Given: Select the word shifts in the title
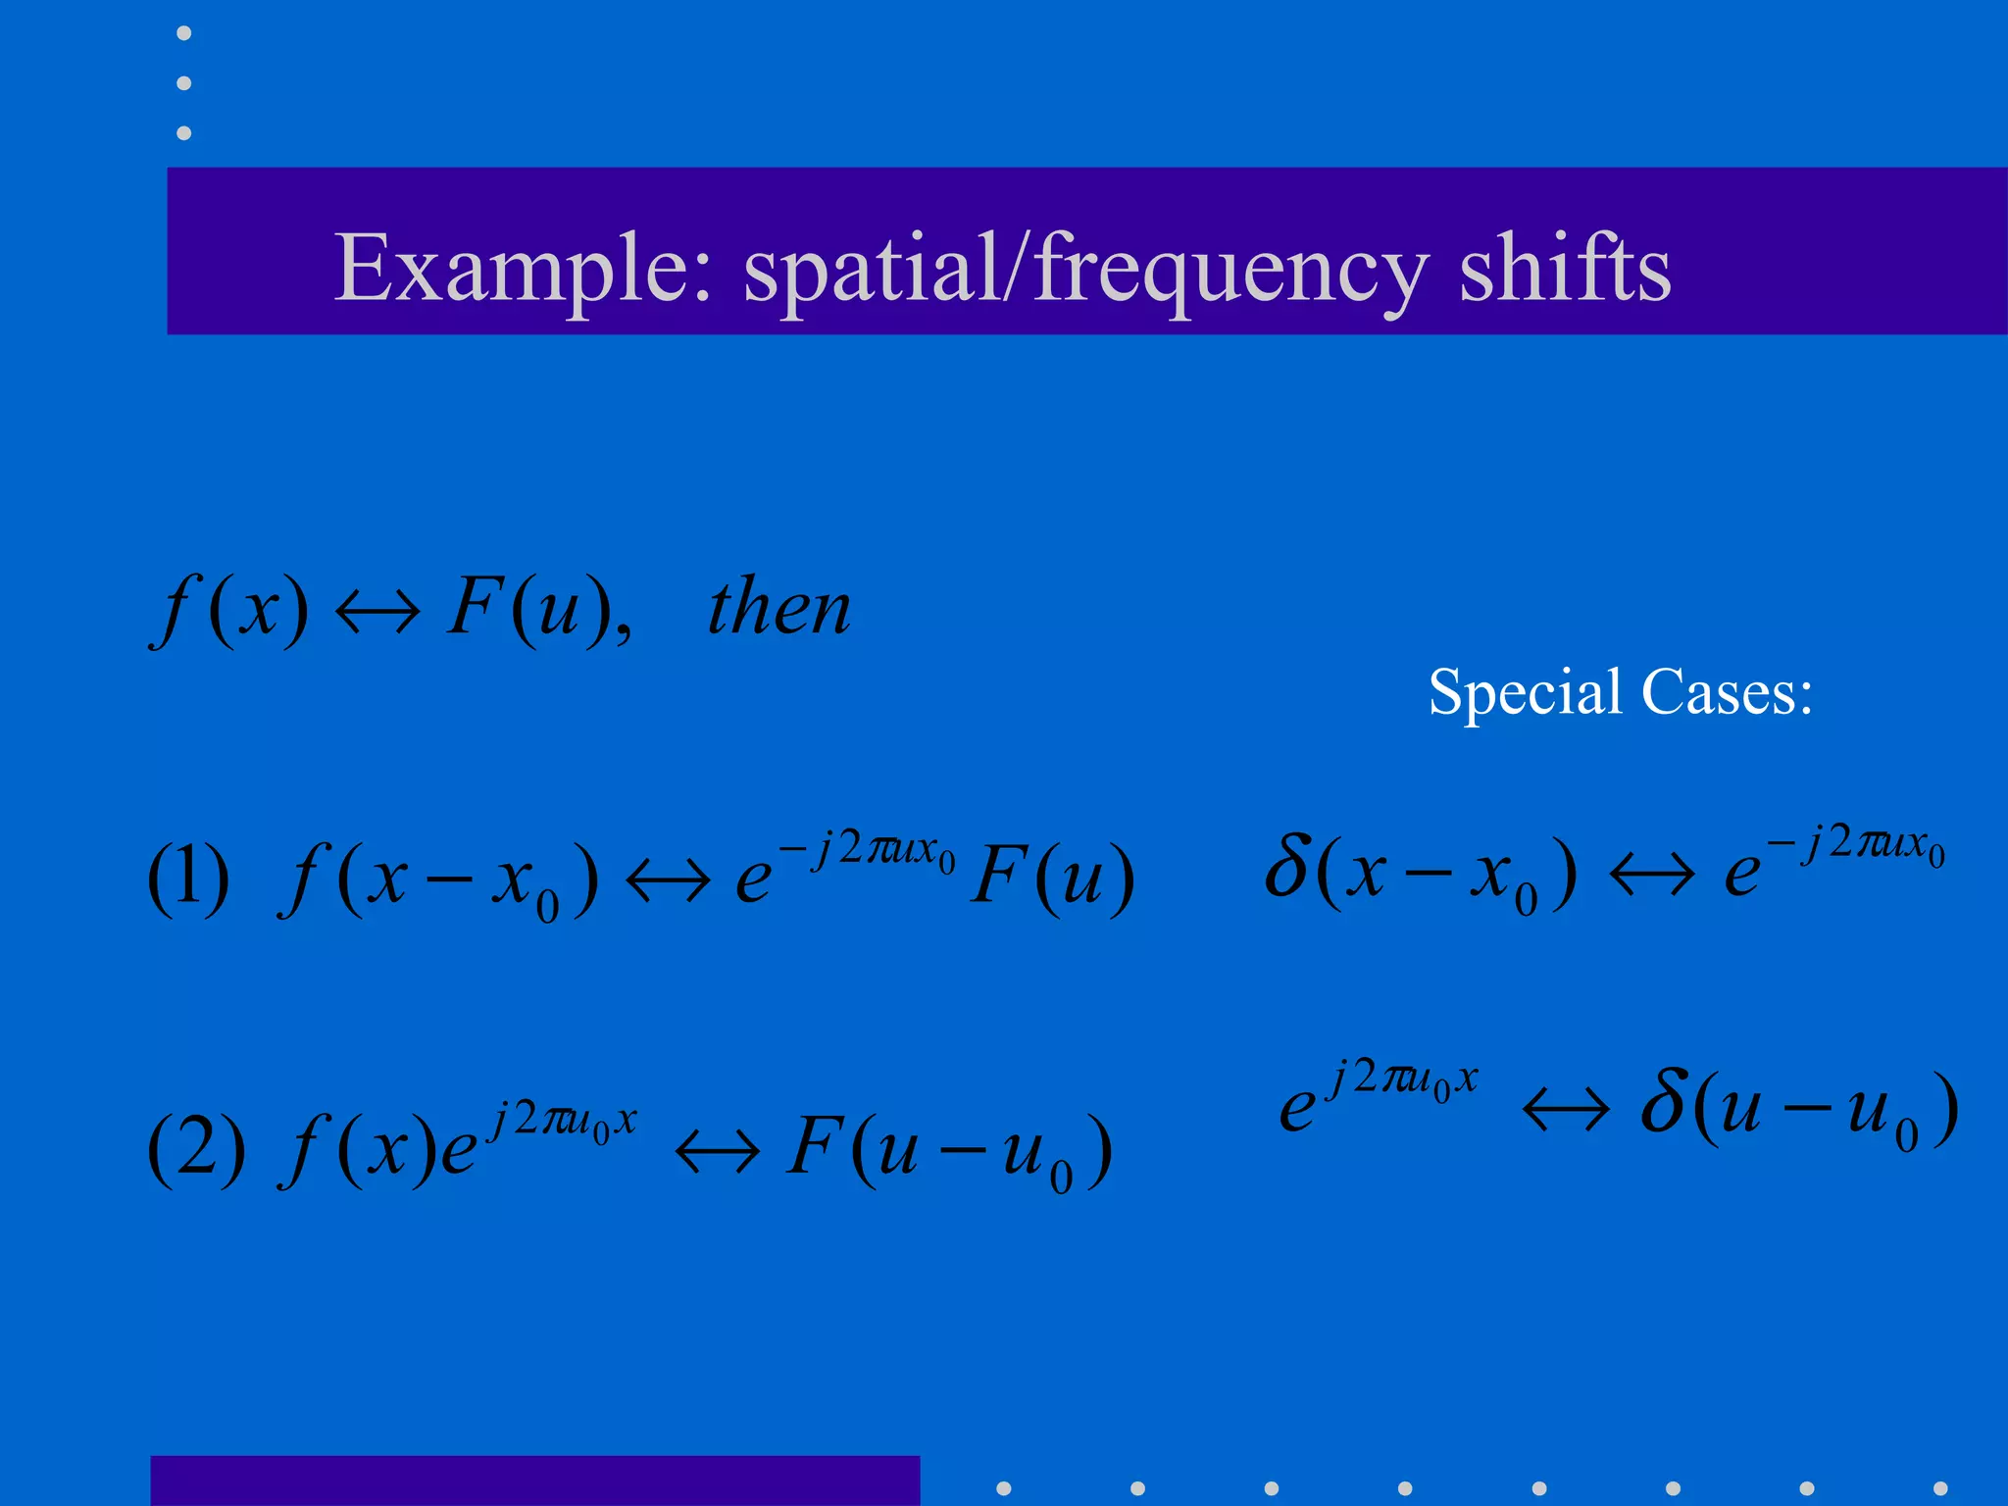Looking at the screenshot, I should (x=1565, y=269).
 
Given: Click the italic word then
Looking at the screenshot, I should (x=779, y=609).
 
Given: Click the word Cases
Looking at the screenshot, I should (x=1727, y=692).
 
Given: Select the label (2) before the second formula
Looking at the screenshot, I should (x=196, y=1148).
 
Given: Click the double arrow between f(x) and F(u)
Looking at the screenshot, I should (x=377, y=613).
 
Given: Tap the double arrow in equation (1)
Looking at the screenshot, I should (x=668, y=879).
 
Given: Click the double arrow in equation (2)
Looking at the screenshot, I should (x=717, y=1151).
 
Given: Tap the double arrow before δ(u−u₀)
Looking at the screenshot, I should (x=1566, y=1110).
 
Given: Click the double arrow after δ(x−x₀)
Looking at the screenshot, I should (x=1652, y=874).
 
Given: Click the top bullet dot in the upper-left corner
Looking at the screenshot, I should (x=183, y=33).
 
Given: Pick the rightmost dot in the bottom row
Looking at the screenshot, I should (x=1939, y=1488).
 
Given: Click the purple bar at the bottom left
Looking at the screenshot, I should (x=534, y=1481).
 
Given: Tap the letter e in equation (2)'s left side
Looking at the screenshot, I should (x=458, y=1153).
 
